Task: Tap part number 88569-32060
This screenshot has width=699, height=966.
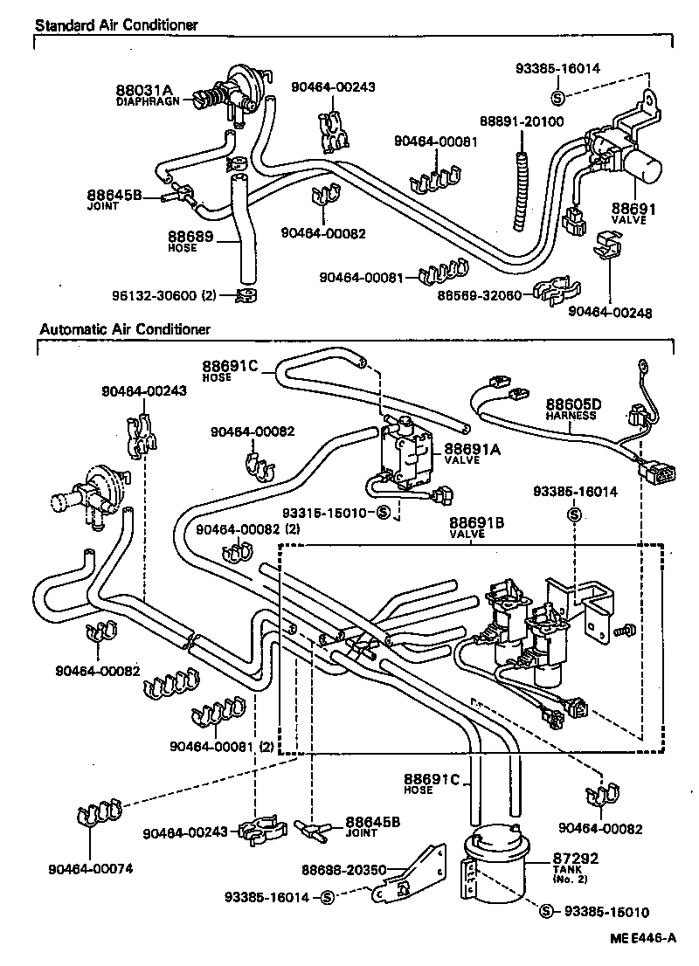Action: (483, 295)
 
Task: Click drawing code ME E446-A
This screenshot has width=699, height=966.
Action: (643, 938)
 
